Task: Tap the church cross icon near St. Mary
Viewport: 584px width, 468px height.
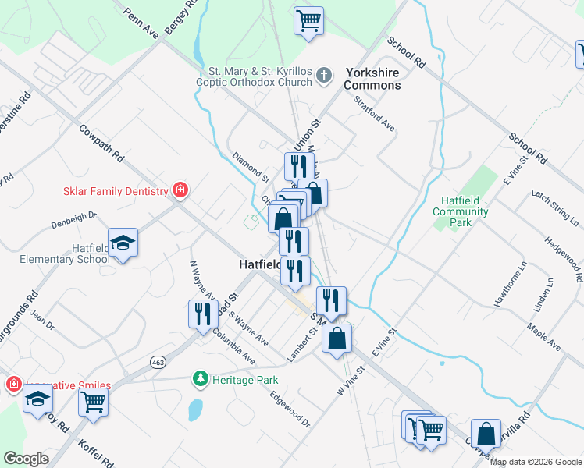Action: [x=325, y=76]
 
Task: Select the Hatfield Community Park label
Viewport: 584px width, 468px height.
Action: [x=461, y=211]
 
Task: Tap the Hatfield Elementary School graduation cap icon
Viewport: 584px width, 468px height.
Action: [x=123, y=243]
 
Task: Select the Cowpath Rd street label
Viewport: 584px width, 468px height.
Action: [x=102, y=145]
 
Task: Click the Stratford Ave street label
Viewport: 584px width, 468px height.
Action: [x=374, y=114]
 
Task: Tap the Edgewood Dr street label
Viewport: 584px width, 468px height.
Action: [x=290, y=409]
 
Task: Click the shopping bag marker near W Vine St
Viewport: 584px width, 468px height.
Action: [x=337, y=339]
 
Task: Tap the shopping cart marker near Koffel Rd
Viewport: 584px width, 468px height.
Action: [x=93, y=402]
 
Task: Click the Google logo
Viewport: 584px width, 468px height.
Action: [x=26, y=459]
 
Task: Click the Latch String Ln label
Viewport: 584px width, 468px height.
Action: [x=551, y=203]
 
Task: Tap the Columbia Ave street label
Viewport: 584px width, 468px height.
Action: [x=234, y=348]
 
